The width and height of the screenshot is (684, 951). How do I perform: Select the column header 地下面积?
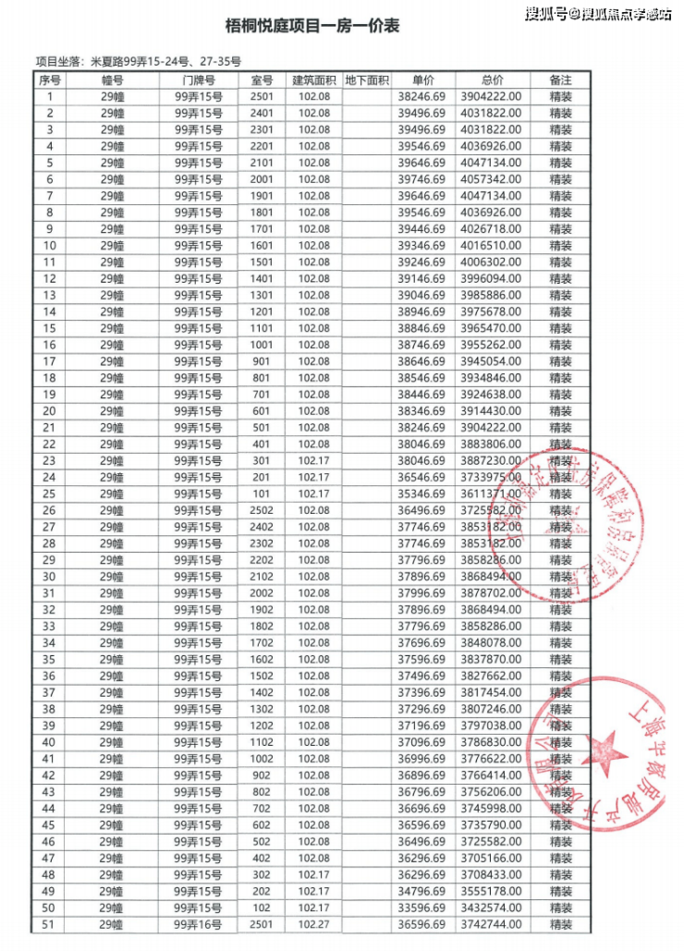[367, 80]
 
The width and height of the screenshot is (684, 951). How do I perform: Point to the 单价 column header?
[422, 80]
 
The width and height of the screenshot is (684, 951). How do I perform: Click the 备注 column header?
[560, 80]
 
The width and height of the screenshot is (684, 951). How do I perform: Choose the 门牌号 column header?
[199, 80]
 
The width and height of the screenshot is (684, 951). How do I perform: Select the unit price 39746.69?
[422, 179]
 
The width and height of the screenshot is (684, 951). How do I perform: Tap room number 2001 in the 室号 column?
[263, 179]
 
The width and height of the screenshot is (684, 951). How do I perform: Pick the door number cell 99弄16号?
[199, 925]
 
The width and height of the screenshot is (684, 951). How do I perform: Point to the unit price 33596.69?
[422, 908]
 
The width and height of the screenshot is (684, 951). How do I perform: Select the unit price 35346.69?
[422, 494]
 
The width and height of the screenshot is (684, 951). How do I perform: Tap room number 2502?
[263, 511]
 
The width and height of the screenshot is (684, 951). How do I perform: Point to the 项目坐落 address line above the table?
[139, 62]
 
